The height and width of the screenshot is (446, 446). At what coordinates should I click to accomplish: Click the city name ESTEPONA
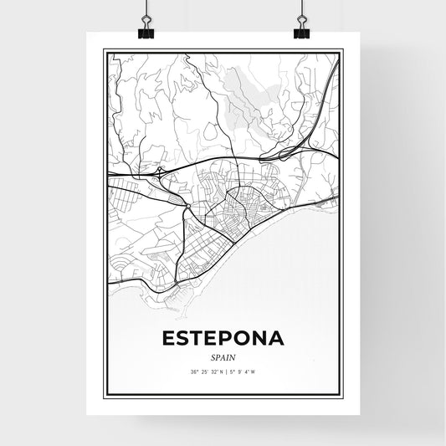pyautogui.click(x=223, y=340)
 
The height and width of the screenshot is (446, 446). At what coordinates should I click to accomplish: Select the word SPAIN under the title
pyautogui.click(x=223, y=356)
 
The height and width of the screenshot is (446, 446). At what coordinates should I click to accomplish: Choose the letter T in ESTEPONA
pyautogui.click(x=187, y=340)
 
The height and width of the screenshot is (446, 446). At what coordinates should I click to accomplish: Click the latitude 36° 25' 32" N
pyautogui.click(x=201, y=372)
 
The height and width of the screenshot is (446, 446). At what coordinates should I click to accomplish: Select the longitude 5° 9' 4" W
pyautogui.click(x=242, y=372)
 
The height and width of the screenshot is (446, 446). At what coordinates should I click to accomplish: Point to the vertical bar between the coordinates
pyautogui.click(x=224, y=372)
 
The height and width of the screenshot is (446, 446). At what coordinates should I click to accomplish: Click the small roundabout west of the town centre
pyautogui.click(x=190, y=206)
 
